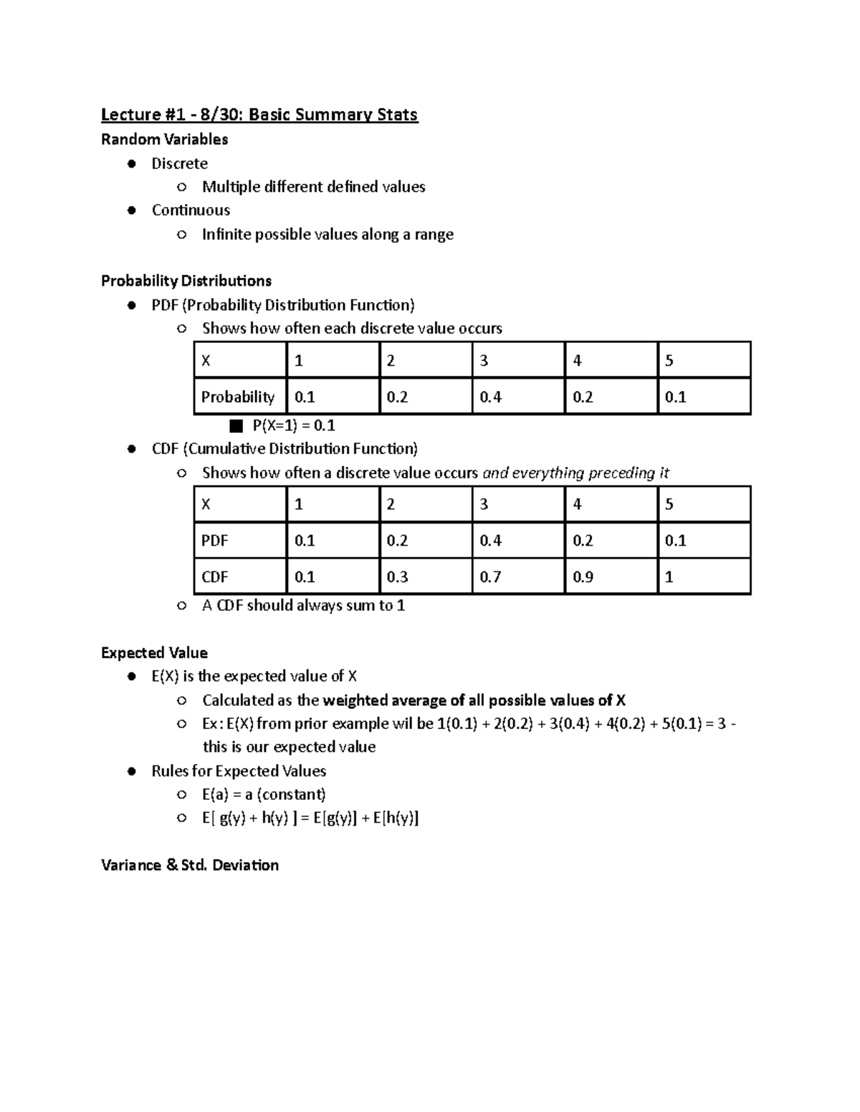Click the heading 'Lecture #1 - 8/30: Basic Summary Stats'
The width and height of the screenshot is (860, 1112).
pyautogui.click(x=259, y=115)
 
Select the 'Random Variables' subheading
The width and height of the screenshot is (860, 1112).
pyautogui.click(x=164, y=139)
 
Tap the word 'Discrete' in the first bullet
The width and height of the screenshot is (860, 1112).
pyautogui.click(x=179, y=163)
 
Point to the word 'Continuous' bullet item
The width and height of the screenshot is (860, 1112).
pyautogui.click(x=191, y=210)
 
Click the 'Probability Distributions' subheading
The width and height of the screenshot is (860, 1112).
pyautogui.click(x=186, y=280)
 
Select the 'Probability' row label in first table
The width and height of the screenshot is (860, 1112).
pyautogui.click(x=237, y=397)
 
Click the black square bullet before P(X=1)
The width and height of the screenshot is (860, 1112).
pyautogui.click(x=236, y=426)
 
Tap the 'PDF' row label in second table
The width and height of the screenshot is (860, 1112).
pyautogui.click(x=214, y=541)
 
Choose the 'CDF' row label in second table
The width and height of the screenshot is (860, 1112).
pyautogui.click(x=214, y=576)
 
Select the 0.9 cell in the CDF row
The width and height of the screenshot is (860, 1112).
pyautogui.click(x=583, y=576)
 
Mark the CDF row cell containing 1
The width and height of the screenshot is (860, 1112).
pyautogui.click(x=669, y=576)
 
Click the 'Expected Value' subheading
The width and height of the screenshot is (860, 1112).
pyautogui.click(x=154, y=652)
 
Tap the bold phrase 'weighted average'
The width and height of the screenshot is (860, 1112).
pyautogui.click(x=384, y=700)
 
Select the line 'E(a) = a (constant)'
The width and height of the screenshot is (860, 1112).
pyautogui.click(x=264, y=794)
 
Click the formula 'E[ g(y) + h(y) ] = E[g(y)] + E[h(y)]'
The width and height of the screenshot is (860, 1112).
pyautogui.click(x=310, y=818)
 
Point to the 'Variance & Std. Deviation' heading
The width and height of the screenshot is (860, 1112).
pyautogui.click(x=189, y=865)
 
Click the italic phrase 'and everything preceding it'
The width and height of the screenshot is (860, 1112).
pyautogui.click(x=575, y=473)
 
